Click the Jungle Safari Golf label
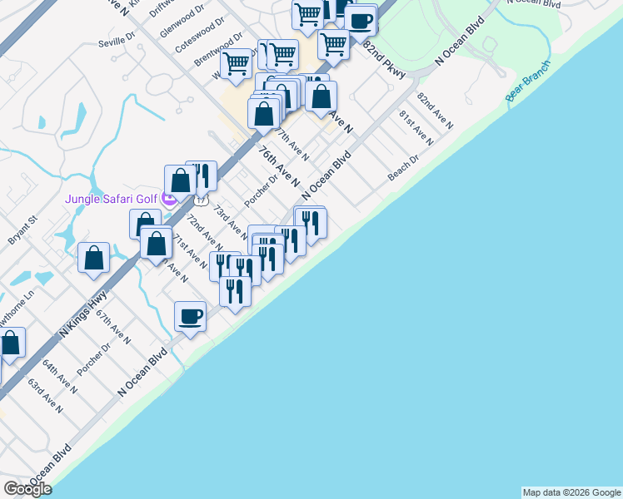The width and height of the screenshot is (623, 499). click(112, 200)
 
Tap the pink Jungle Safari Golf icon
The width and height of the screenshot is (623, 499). click(169, 200)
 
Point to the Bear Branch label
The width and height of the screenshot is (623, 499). click(528, 82)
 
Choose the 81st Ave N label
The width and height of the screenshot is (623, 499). click(416, 127)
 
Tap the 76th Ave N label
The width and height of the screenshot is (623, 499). click(278, 166)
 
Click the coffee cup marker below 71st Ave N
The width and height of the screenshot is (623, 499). click(190, 317)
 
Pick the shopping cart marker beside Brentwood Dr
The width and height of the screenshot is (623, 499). click(237, 62)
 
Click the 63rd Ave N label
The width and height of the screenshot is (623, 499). click(45, 395)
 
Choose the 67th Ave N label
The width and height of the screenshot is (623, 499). click(113, 328)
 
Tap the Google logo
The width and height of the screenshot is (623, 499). click(27, 488)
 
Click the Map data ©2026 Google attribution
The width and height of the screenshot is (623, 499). click(571, 492)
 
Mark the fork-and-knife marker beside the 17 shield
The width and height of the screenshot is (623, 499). click(201, 176)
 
